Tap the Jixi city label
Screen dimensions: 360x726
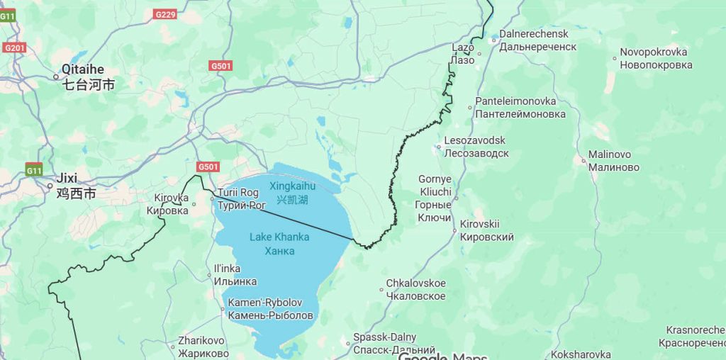[x=75, y=186]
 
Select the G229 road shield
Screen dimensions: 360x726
[x=165, y=14]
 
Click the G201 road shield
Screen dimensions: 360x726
[x=13, y=47]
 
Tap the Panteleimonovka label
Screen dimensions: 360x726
[x=520, y=108]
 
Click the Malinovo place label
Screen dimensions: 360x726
[x=613, y=161]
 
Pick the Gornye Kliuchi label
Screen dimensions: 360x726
[x=435, y=198]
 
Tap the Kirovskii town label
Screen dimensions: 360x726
[x=486, y=230]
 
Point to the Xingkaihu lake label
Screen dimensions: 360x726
[x=292, y=193]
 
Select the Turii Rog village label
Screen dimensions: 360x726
[x=240, y=199]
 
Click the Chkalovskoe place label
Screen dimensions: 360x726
[x=415, y=290]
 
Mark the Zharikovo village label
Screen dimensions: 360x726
[x=203, y=347]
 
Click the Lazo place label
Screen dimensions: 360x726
[x=463, y=54]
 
